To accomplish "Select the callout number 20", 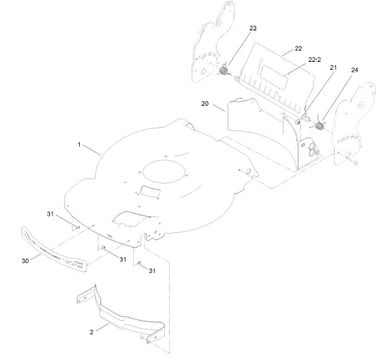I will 204,104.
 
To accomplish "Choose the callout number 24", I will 354,70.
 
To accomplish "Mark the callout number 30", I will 25,261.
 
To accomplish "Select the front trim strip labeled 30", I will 55,248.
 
